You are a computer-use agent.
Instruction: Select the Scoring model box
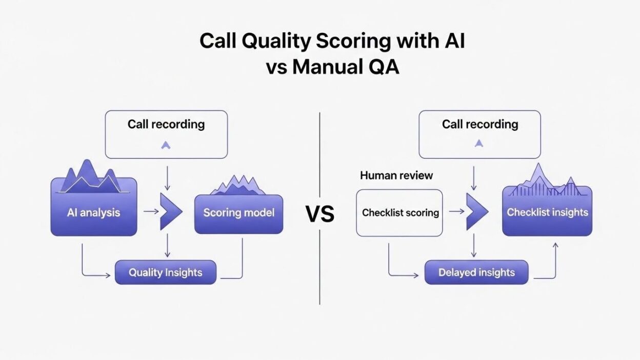click(x=238, y=213)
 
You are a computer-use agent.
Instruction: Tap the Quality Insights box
click(x=165, y=272)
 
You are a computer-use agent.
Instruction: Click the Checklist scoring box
click(x=400, y=213)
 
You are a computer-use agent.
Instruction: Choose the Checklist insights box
click(x=547, y=212)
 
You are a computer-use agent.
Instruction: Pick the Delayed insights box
click(x=476, y=272)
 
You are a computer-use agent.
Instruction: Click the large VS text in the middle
click(x=320, y=214)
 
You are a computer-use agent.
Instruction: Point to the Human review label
click(x=396, y=175)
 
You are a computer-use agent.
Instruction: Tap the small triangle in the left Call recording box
click(x=166, y=145)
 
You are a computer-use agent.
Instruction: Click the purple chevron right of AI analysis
click(x=170, y=211)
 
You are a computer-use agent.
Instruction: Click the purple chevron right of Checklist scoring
click(x=476, y=211)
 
